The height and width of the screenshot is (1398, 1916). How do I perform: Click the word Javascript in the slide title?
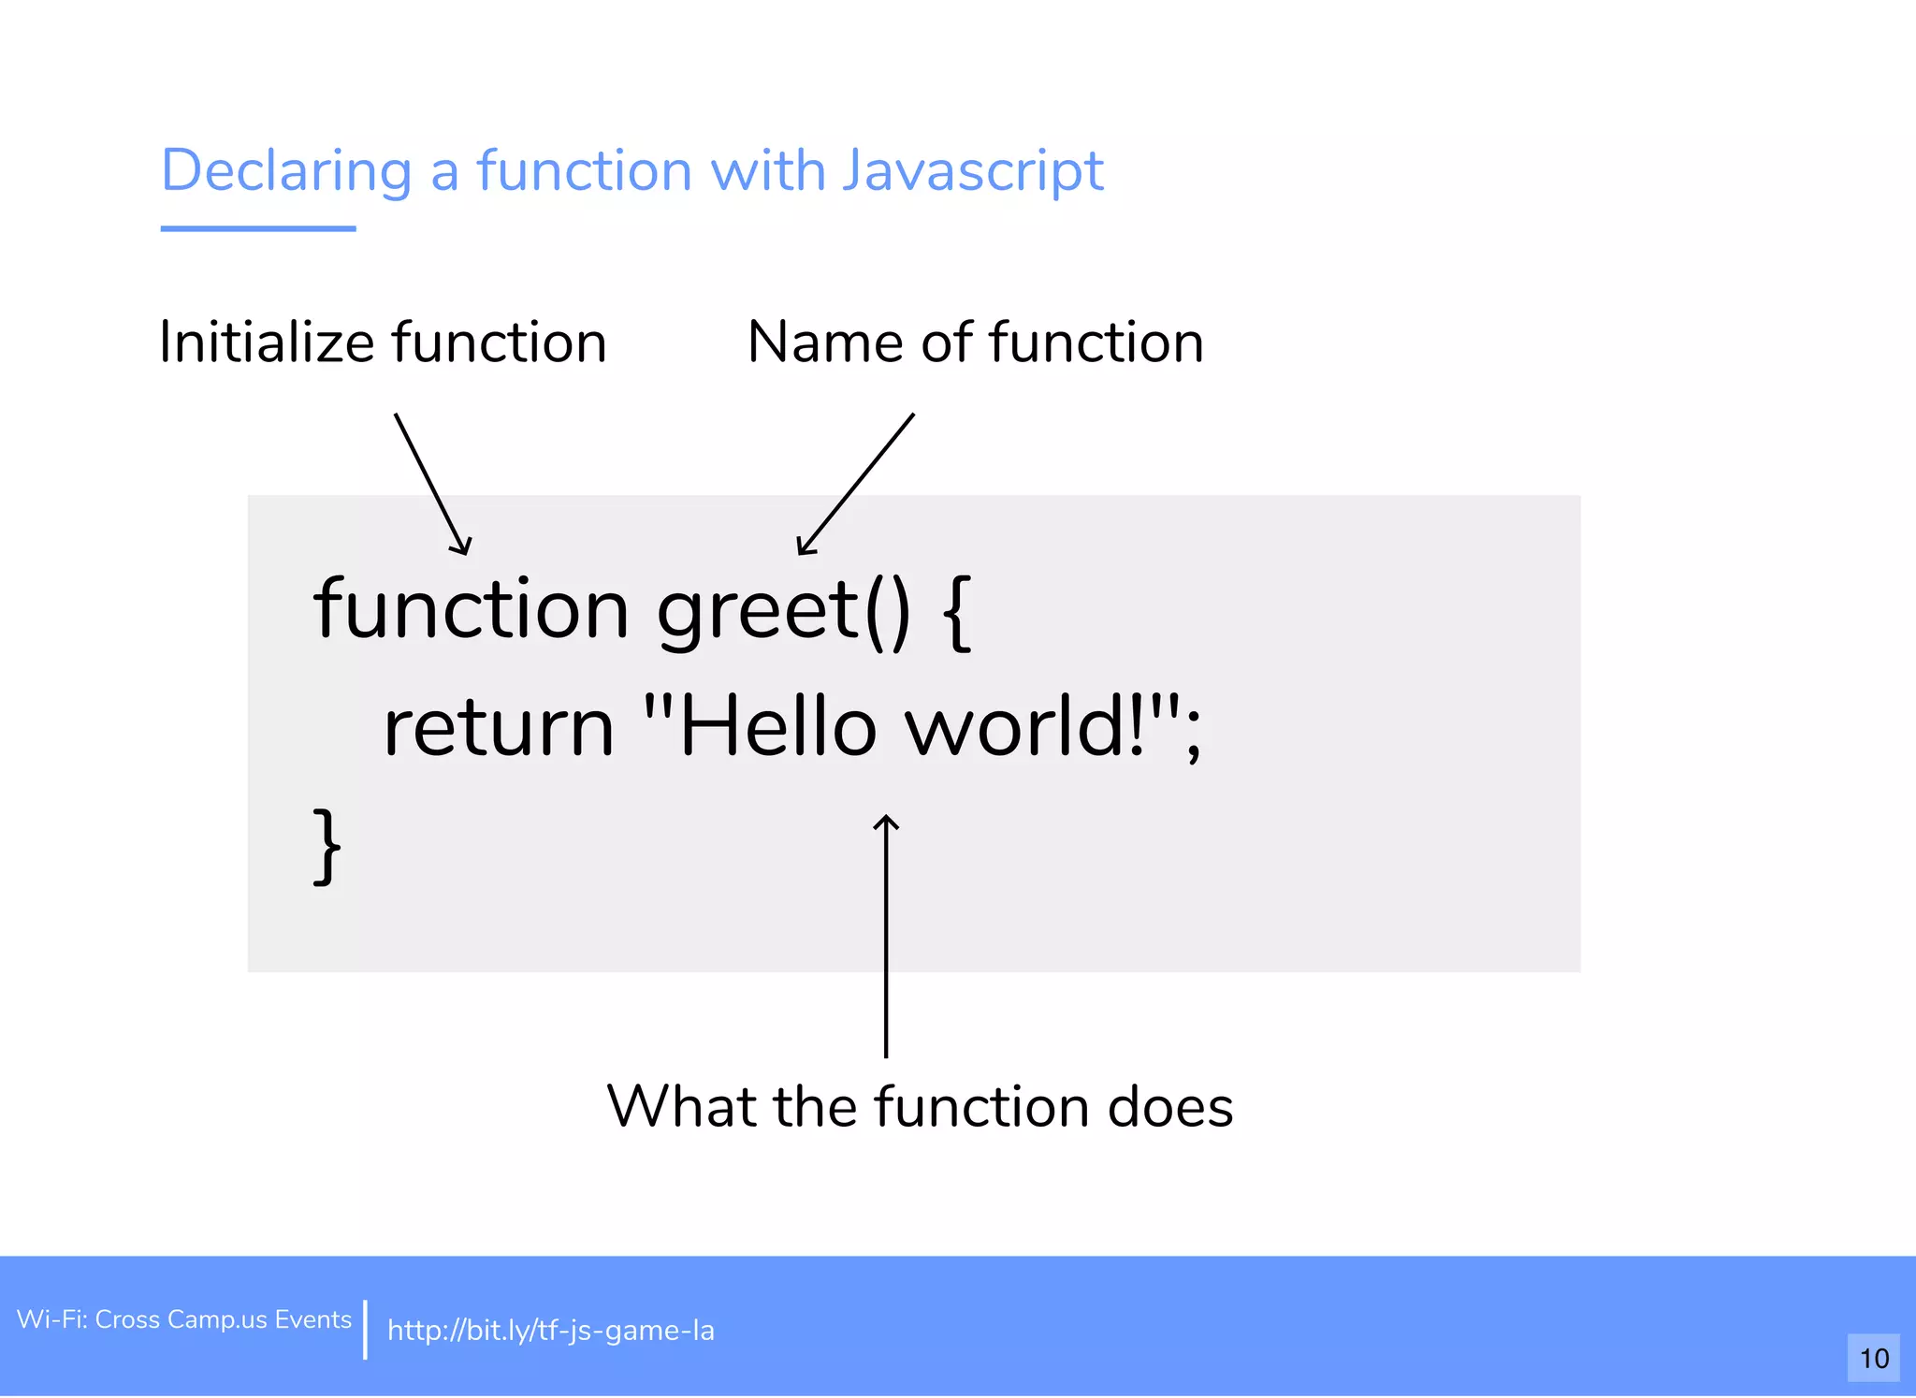973,171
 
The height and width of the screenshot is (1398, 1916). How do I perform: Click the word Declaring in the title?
286,171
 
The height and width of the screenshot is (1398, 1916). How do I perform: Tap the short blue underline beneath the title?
258,228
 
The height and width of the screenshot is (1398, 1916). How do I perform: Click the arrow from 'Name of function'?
856,485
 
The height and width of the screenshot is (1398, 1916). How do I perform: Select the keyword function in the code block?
471,610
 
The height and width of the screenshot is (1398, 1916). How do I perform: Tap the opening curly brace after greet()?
958,613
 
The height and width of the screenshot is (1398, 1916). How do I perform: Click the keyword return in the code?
499,728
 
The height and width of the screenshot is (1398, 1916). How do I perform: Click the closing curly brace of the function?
327,847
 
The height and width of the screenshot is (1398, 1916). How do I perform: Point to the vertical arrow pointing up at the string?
886,936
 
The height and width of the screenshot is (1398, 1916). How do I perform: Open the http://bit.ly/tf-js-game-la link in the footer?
550,1331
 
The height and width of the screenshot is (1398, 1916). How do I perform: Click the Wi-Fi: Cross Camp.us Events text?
184,1319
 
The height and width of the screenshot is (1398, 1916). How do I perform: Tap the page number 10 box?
1873,1358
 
